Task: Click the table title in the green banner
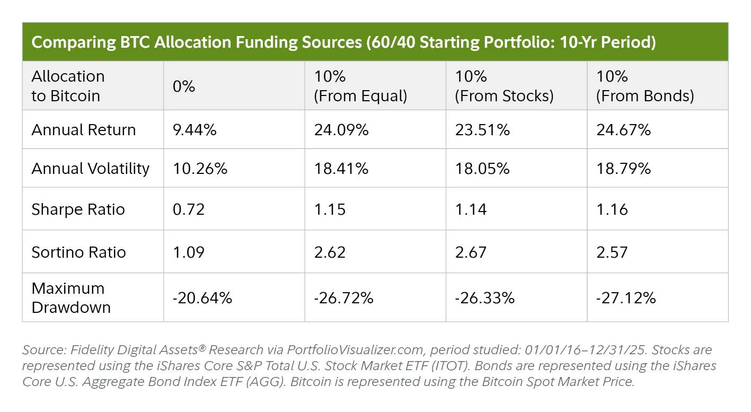tap(343, 42)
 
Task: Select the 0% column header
tap(184, 86)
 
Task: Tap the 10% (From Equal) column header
tap(360, 86)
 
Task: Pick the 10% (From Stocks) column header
tap(504, 86)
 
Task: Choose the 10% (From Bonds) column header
tap(645, 86)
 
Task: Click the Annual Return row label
tap(84, 130)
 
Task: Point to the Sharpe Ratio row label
tap(78, 209)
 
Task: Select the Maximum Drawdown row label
tap(71, 297)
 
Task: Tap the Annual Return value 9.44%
tap(195, 130)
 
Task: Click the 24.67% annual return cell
tap(623, 130)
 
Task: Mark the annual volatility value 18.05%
tap(482, 169)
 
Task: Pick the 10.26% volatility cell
tap(200, 169)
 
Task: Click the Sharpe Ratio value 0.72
tap(189, 209)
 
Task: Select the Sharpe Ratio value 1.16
tap(612, 209)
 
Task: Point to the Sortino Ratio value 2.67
tap(471, 252)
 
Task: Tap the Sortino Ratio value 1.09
tap(189, 252)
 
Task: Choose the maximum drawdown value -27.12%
tap(626, 298)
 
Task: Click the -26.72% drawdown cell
tap(343, 298)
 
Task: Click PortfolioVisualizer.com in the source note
tap(356, 350)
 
